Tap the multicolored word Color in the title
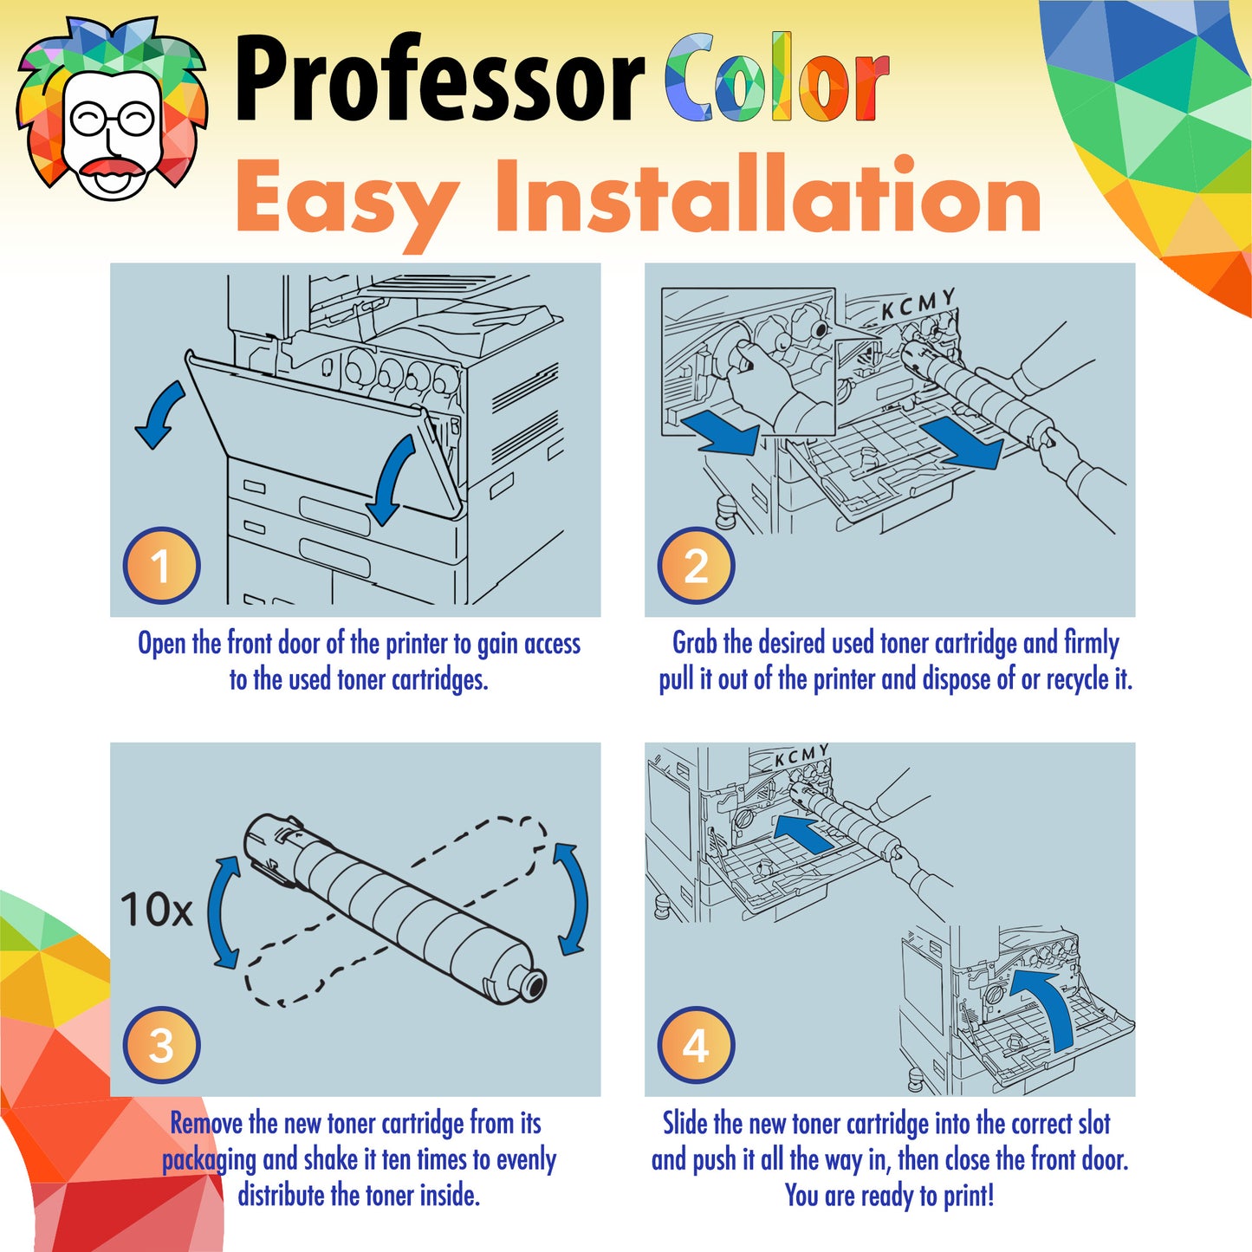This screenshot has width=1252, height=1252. click(x=776, y=80)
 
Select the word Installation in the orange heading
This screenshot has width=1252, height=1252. click(x=768, y=198)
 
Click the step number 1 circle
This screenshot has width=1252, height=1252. click(x=161, y=566)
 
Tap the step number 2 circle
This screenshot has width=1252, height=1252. click(x=696, y=566)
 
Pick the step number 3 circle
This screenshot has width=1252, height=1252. click(x=161, y=1045)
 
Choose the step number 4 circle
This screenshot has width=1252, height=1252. click(x=696, y=1045)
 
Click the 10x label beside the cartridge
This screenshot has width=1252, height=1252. click(x=156, y=910)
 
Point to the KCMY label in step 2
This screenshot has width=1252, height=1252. click(x=918, y=303)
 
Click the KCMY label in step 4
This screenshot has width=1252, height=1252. click(x=801, y=756)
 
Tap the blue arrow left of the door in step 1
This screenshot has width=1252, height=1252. click(x=161, y=414)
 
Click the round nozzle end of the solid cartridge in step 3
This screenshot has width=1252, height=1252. click(x=531, y=984)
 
